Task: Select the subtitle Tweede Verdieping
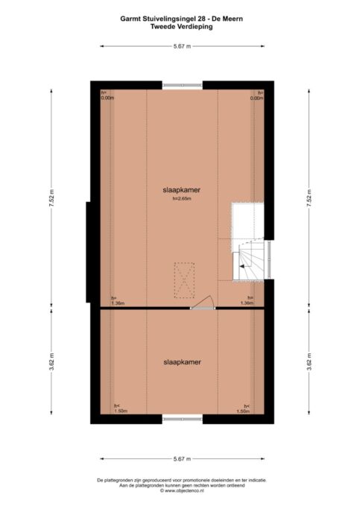point(182,26)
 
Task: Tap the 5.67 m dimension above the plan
point(182,46)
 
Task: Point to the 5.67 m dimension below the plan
point(182,458)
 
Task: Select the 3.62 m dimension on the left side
point(51,365)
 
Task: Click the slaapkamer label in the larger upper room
point(182,190)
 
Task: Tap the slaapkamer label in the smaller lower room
point(182,361)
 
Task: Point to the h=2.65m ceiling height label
point(182,200)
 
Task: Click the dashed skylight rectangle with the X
point(184,279)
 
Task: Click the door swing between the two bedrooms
point(203,303)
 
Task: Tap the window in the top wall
point(182,83)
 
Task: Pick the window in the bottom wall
point(182,420)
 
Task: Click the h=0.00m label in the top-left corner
point(107,95)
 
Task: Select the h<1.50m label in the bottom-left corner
point(120,408)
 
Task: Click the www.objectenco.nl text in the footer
point(182,491)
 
